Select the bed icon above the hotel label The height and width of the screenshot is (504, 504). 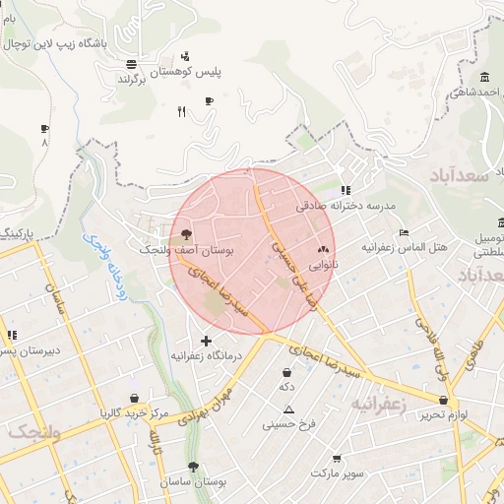coord(405,232)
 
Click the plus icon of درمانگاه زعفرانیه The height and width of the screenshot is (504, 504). coord(206,341)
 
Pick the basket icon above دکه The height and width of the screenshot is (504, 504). coord(286,373)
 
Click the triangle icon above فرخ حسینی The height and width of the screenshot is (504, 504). coord(289,409)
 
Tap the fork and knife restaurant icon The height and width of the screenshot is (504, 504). coord(181,112)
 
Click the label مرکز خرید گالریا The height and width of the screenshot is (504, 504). coord(134,412)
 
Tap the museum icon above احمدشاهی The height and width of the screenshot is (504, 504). coord(484,78)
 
